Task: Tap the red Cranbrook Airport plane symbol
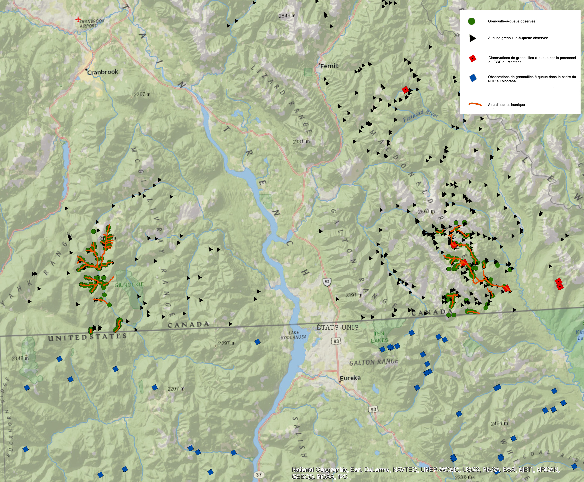78,19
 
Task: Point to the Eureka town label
350,378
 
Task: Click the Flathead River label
420,116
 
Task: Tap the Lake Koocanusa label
294,335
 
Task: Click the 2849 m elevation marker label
287,15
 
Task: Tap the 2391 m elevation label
354,295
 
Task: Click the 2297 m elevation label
226,343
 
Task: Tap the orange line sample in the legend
475,104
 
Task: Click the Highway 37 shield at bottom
259,475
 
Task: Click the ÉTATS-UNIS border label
337,327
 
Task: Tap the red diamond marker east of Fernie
405,90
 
